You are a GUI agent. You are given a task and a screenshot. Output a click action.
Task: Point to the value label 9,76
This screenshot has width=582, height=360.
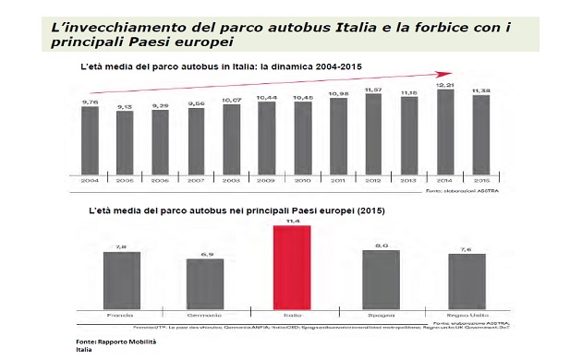pos(90,102)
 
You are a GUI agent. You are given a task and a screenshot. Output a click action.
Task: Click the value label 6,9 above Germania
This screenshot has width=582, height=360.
pos(206,253)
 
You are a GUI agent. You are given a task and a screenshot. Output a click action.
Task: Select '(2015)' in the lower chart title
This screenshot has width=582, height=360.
pos(368,210)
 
